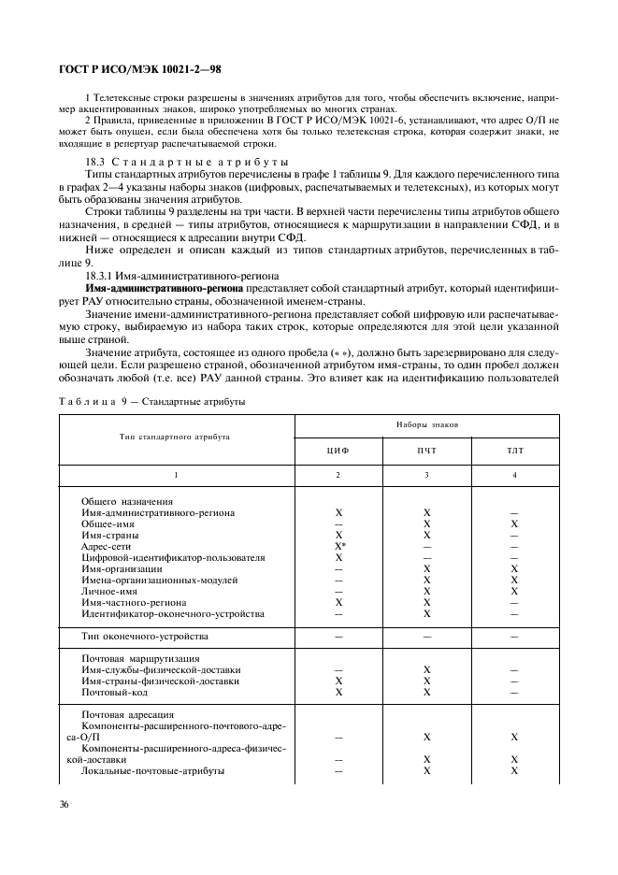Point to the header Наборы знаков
[426, 423]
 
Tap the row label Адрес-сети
[110, 547]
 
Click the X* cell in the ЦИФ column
[340, 547]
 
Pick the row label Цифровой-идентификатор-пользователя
[173, 558]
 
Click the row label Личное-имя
[113, 592]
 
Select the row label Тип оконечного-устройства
[144, 637]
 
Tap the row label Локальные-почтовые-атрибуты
[152, 771]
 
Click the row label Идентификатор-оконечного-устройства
[173, 614]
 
